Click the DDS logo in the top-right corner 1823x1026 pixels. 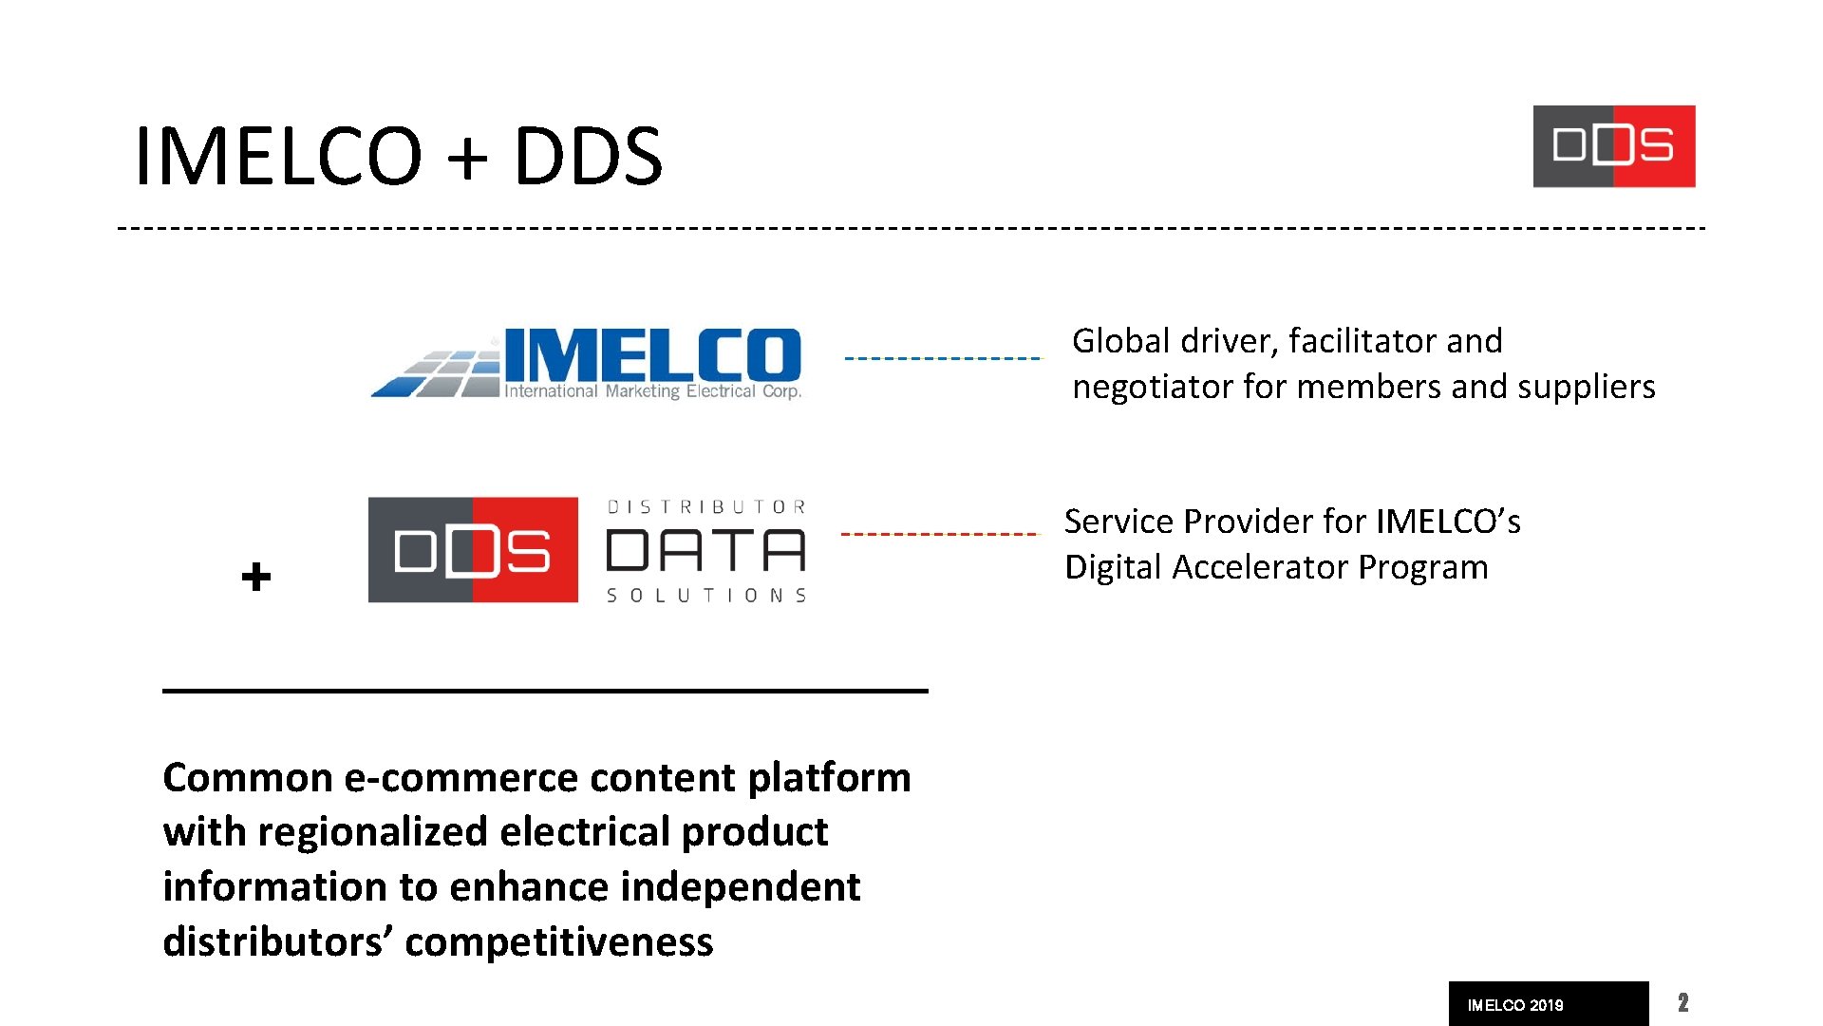click(1613, 146)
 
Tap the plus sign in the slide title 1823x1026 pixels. click(467, 156)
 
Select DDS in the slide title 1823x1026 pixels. click(588, 156)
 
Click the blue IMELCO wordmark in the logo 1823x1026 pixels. click(652, 355)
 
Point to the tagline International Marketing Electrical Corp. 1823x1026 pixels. click(652, 391)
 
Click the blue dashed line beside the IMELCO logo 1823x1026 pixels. click(942, 358)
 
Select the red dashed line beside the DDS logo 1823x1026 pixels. click(940, 534)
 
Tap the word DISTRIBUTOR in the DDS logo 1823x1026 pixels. click(705, 507)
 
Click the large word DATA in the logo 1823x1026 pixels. click(705, 551)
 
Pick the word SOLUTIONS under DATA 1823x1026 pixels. click(705, 596)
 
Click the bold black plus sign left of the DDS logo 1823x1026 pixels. click(256, 577)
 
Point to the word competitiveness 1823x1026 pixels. click(558, 941)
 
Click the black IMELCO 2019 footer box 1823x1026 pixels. click(1548, 1004)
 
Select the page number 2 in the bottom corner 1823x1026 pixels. click(1682, 1003)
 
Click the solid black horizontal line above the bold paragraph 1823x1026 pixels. click(545, 691)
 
